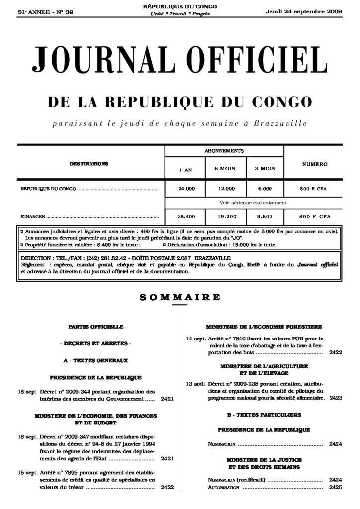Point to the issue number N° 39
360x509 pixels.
coord(64,12)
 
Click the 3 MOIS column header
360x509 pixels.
coord(265,169)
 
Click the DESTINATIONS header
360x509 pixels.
coord(90,163)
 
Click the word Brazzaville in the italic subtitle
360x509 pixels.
coord(275,122)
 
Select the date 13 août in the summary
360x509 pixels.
coord(195,384)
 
